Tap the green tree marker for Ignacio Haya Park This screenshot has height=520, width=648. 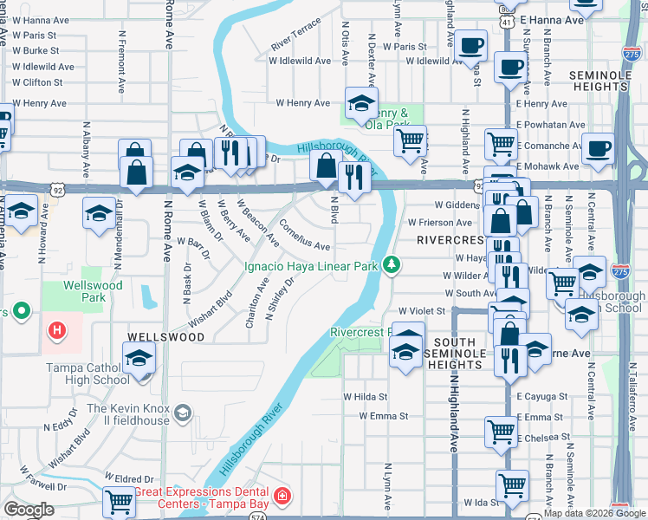(x=392, y=264)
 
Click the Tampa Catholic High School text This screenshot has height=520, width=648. (x=87, y=374)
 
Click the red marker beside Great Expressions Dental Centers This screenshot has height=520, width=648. (x=282, y=496)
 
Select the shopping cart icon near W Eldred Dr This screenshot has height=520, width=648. (x=119, y=501)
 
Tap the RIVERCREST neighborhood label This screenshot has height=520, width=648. (x=448, y=239)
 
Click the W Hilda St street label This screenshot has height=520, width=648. (x=365, y=396)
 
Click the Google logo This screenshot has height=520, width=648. (x=29, y=510)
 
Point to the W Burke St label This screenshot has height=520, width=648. (x=35, y=51)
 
